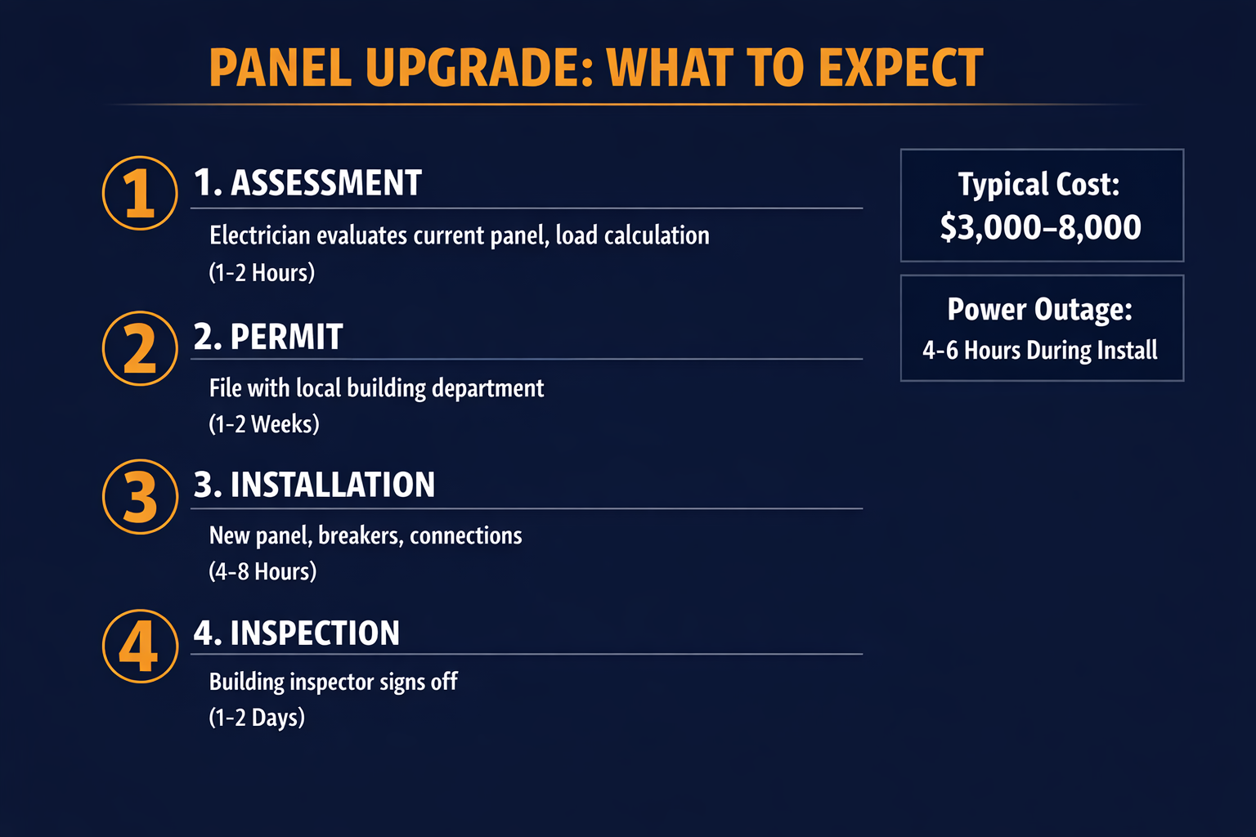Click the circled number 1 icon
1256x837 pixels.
[x=140, y=194]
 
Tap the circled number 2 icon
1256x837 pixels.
[x=140, y=348]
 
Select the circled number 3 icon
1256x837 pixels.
[x=140, y=497]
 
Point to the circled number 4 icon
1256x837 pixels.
[x=140, y=646]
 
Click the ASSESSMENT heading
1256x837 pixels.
[x=307, y=183]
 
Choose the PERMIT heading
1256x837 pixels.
[x=268, y=338]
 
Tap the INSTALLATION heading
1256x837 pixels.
[x=314, y=485]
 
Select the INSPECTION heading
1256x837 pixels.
[x=296, y=633]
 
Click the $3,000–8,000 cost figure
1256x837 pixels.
[x=1040, y=227]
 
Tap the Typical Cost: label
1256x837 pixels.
[x=1038, y=185]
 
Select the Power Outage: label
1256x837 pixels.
[x=1039, y=310]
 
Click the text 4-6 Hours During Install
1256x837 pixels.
[x=1039, y=351]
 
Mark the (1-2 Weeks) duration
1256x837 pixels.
[x=264, y=424]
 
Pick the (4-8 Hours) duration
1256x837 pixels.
[x=262, y=571]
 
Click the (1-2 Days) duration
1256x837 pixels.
[x=257, y=718]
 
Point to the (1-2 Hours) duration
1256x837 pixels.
[x=262, y=272]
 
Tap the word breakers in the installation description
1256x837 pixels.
[x=360, y=536]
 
